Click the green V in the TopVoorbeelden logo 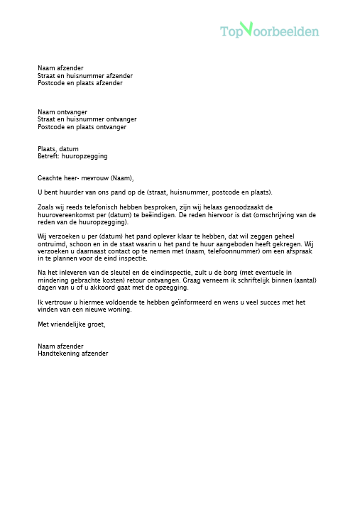[246, 29]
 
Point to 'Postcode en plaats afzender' [80, 83]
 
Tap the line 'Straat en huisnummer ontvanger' [87, 119]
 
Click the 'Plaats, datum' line [58, 148]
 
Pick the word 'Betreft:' [50, 156]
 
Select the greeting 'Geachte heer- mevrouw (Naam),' [85, 178]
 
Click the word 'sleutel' [111, 273]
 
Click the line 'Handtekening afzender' [72, 353]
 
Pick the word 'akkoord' [122, 287]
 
